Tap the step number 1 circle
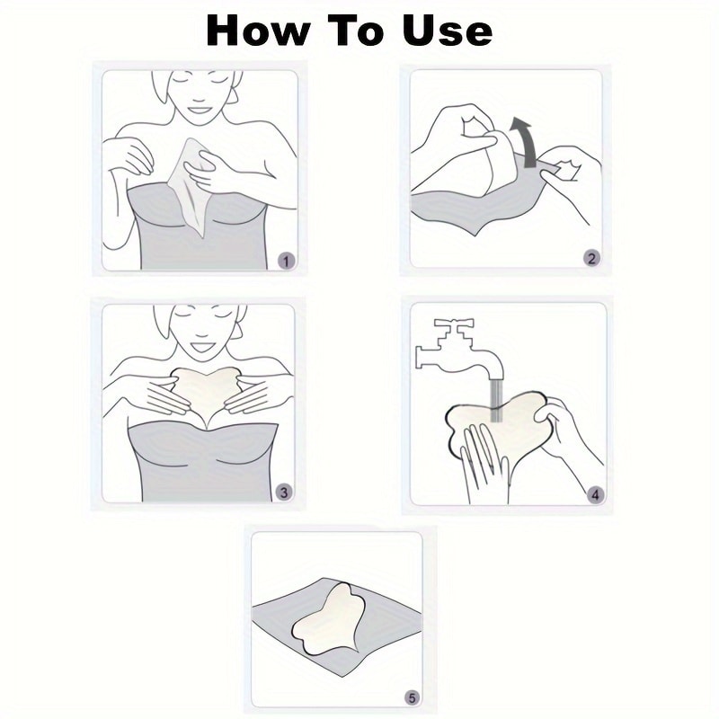286,261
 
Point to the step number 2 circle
590,259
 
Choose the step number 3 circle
283,492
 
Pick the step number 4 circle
594,494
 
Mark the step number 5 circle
412,697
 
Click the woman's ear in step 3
236,328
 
